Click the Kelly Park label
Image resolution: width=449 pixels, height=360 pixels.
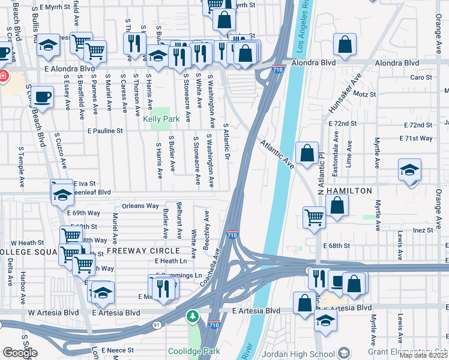click(x=161, y=119)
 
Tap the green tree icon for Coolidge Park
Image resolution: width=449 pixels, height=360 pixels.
click(x=192, y=316)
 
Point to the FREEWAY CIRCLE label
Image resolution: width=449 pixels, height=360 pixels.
click(x=143, y=250)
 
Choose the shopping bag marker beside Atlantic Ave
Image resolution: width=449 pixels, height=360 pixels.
click(x=307, y=154)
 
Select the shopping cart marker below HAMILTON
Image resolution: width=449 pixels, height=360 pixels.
click(x=315, y=217)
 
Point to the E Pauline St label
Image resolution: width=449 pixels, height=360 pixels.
click(x=104, y=130)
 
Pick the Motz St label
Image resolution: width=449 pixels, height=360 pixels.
click(x=364, y=94)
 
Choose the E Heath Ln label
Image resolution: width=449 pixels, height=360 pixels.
click(x=170, y=261)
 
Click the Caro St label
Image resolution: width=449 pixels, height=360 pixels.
click(x=421, y=77)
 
